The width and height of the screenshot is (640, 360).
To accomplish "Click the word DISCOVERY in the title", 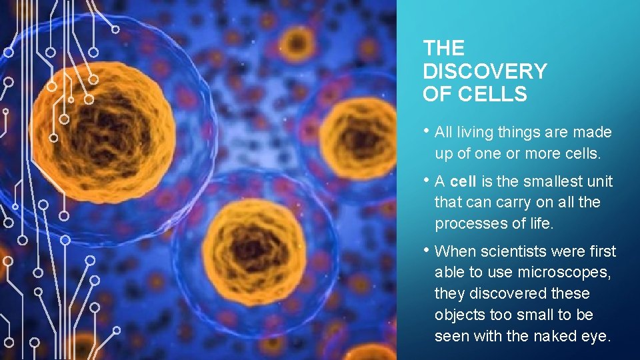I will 485,71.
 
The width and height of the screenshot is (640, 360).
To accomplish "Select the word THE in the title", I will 443,48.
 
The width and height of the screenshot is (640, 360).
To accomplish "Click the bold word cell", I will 463,181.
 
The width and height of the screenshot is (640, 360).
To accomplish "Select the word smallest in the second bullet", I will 547,181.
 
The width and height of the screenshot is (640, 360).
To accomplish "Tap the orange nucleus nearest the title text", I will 360,137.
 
